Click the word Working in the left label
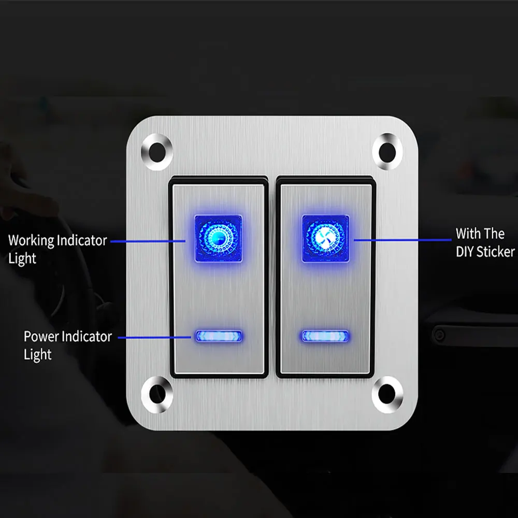31,241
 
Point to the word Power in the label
41,337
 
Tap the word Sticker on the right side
495,252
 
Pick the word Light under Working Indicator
22,258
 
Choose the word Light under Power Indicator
38,355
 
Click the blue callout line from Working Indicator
148,241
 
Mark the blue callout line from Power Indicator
155,337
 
